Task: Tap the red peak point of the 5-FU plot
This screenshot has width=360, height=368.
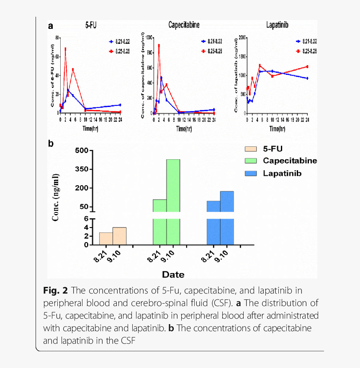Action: point(65,49)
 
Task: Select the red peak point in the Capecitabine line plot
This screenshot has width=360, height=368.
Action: point(159,45)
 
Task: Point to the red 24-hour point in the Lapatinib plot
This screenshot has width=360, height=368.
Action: point(307,66)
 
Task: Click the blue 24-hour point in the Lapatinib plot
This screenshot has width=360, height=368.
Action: point(307,78)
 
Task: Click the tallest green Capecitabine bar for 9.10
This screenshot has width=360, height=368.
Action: point(173,201)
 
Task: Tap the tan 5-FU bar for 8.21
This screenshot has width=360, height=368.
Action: point(106,238)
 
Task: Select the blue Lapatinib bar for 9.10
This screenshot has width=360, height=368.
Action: point(227,217)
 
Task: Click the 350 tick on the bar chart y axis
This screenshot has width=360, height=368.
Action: point(81,169)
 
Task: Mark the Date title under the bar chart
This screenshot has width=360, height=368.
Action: point(173,275)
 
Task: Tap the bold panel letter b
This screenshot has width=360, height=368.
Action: point(51,143)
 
